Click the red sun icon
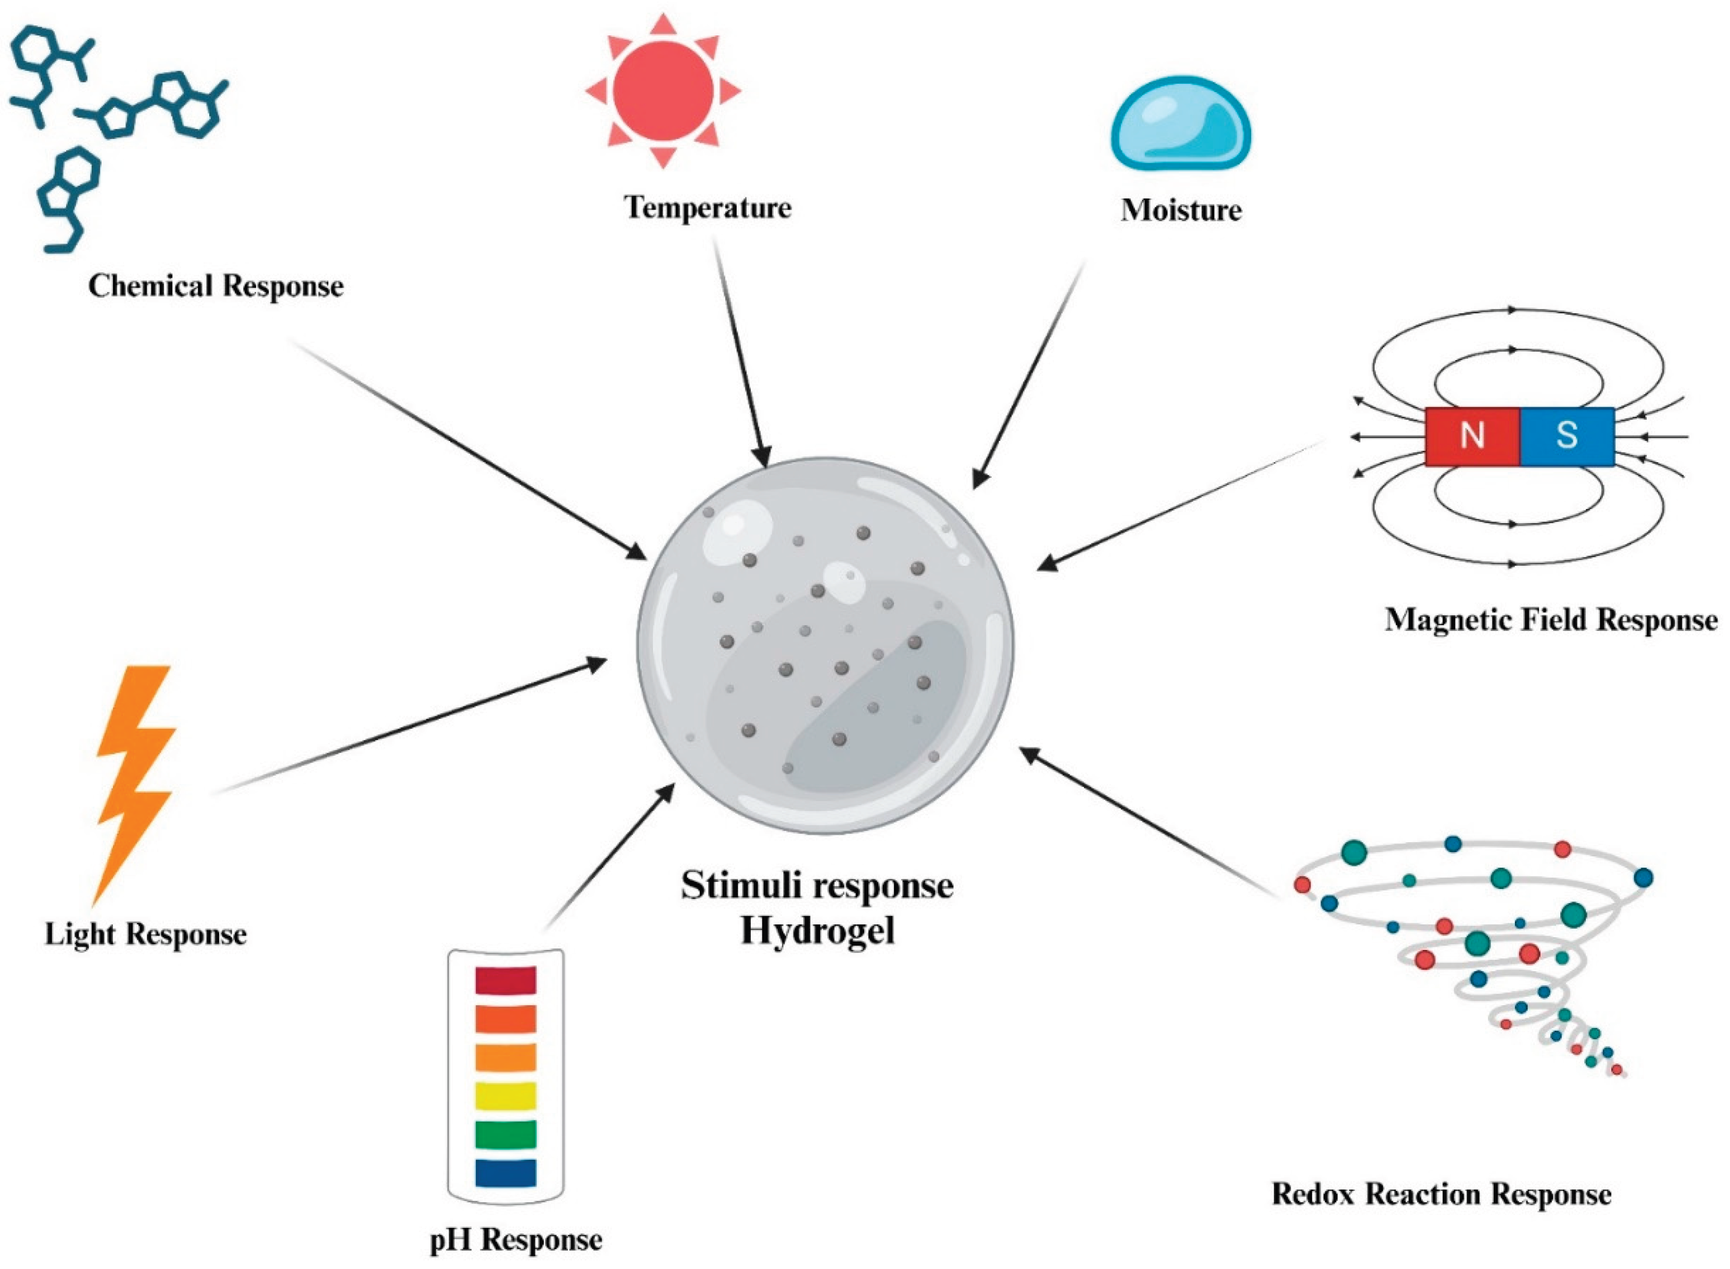(663, 91)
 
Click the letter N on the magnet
(1472, 436)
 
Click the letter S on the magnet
(1567, 436)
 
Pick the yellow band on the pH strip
(506, 1095)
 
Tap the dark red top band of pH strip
(506, 980)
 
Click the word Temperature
(708, 207)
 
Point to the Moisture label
(1181, 210)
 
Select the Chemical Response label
(216, 286)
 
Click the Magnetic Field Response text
(1551, 619)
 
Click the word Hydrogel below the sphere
(817, 931)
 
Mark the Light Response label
(146, 934)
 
